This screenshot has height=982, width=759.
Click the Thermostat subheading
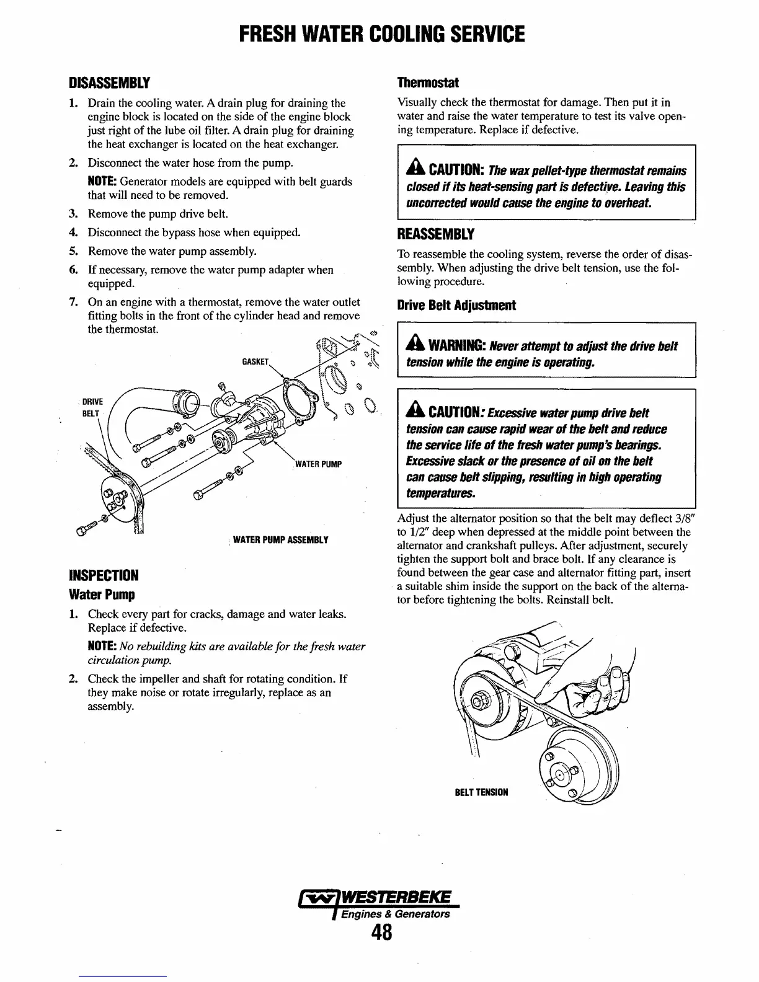pyautogui.click(x=428, y=82)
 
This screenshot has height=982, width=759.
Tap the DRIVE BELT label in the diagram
pyautogui.click(x=92, y=407)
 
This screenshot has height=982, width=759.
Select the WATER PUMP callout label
pyautogui.click(x=318, y=464)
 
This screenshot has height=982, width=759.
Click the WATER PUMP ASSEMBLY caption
pyautogui.click(x=280, y=540)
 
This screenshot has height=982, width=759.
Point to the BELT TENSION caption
pyautogui.click(x=482, y=792)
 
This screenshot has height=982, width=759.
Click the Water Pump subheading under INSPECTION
pyautogui.click(x=102, y=595)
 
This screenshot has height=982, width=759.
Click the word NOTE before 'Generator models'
pyautogui.click(x=102, y=182)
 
